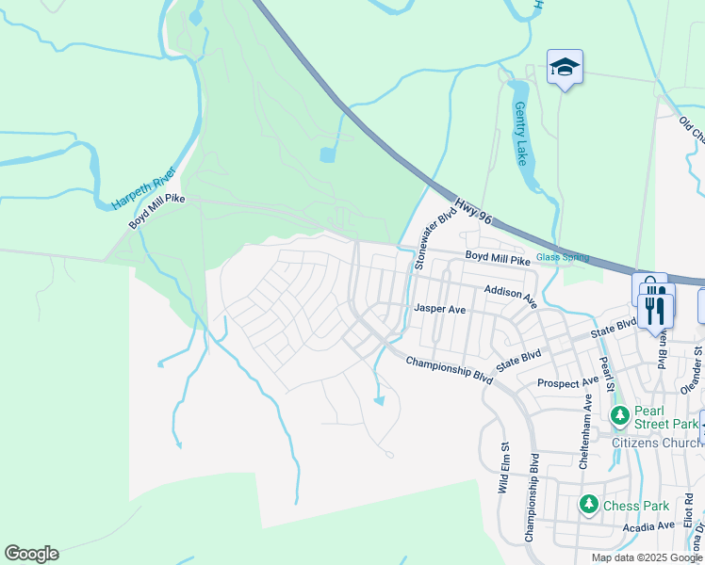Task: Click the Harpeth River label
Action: pos(143,188)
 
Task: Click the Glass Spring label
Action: pos(562,257)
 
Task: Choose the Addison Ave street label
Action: pos(510,296)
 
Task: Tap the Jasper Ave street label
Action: pos(440,309)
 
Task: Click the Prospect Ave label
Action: pos(567,383)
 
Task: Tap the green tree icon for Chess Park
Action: pos(588,506)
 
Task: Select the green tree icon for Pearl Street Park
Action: pos(619,415)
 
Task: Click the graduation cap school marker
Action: pos(565,67)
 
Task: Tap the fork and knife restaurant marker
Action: pos(656,310)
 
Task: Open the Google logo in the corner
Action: pos(31,554)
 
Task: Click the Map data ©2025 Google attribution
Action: pos(647,557)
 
